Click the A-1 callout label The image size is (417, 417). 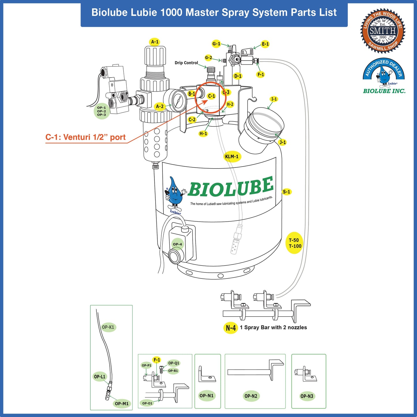coord(155,42)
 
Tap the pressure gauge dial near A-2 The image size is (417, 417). coord(178,101)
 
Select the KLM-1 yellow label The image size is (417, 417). coord(232,156)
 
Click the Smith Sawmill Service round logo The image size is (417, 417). coord(383,31)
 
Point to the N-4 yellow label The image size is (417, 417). coord(231,328)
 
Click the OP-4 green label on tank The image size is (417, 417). coord(177,244)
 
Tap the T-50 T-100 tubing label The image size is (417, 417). coord(295,243)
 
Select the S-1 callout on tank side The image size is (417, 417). coord(287,192)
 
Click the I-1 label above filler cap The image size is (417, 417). coord(274,99)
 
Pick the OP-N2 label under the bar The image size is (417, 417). coord(251,396)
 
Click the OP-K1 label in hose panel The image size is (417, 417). coord(108,327)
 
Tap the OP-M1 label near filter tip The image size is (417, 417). coord(121,403)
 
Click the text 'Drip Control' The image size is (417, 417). coord(186,63)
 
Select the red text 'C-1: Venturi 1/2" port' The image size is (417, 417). coord(85,137)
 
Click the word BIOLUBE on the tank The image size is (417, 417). coord(231,187)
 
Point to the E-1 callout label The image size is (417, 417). coord(265,44)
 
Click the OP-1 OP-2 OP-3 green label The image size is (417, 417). coord(102,111)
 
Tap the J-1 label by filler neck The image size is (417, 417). coord(283,142)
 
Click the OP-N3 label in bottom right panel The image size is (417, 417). coord(307,396)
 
